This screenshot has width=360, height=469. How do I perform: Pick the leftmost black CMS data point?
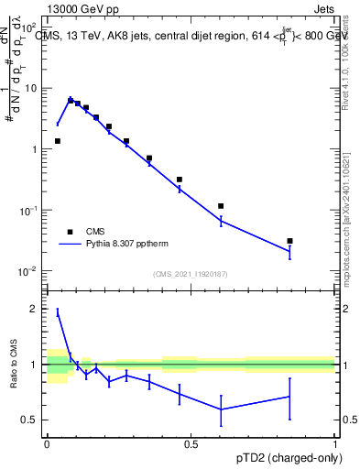(58, 141)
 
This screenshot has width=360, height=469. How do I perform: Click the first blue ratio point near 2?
(58, 312)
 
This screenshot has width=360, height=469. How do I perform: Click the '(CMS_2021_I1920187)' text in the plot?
(190, 274)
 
